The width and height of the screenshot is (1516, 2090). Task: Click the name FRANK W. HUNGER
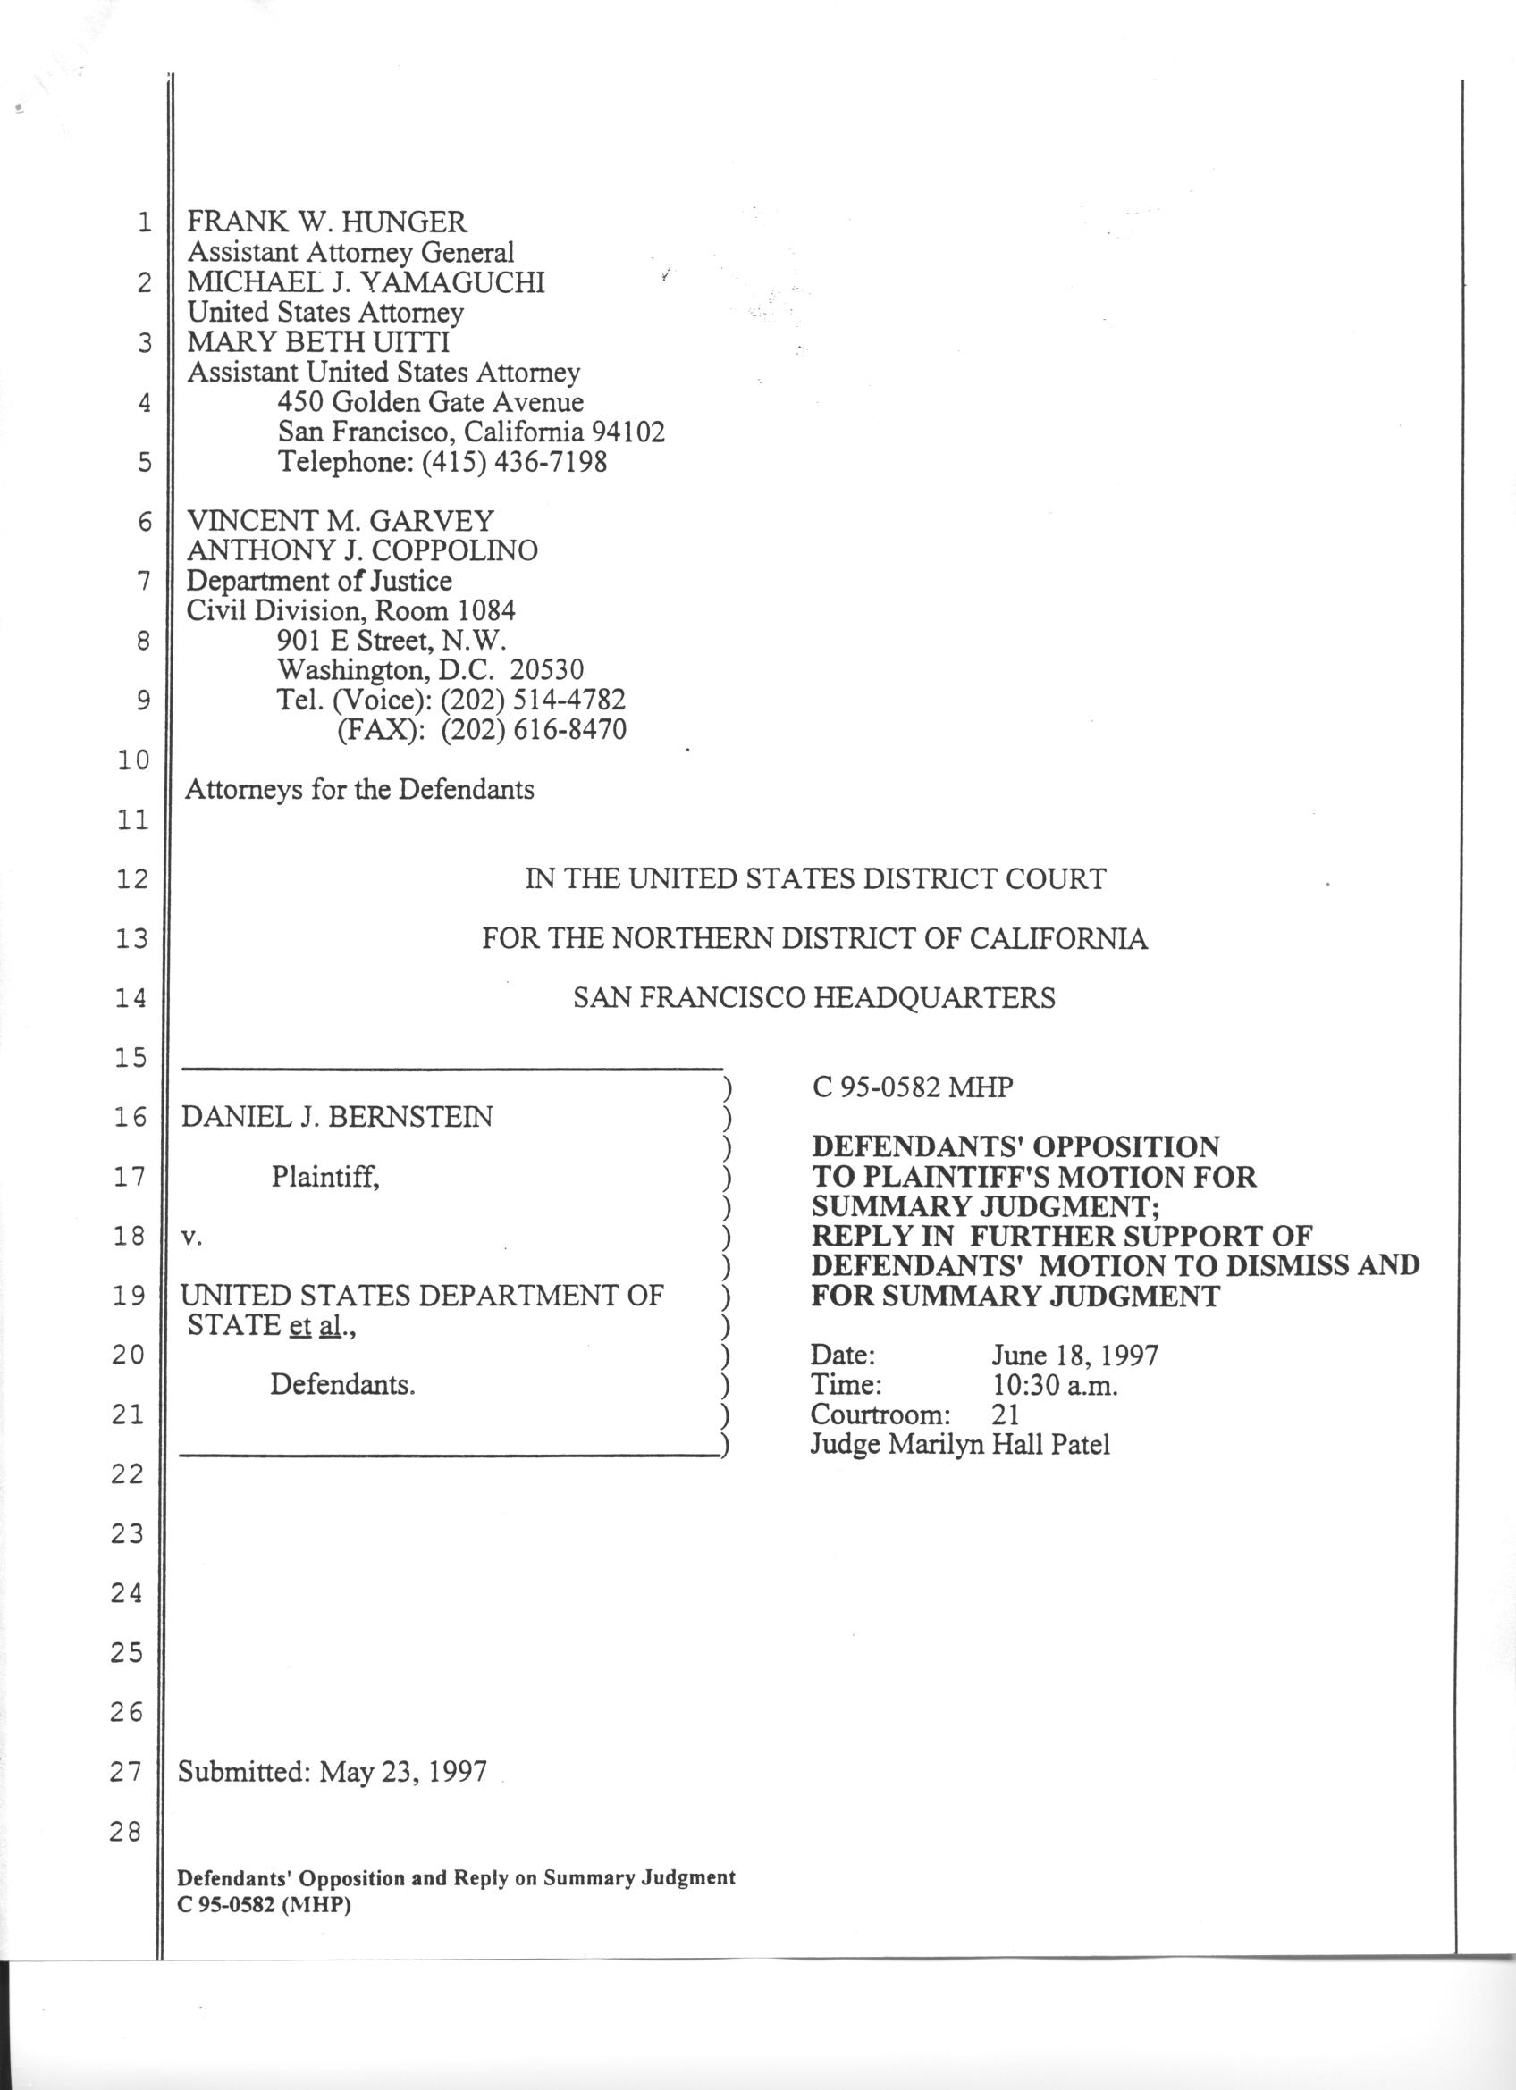pyautogui.click(x=327, y=222)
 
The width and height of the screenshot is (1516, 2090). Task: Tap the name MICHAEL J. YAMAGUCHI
pyautogui.click(x=366, y=282)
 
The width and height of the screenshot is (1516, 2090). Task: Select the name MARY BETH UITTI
pyautogui.click(x=318, y=342)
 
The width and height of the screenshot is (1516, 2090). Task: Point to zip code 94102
pyautogui.click(x=627, y=432)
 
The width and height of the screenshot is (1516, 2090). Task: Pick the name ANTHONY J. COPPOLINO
pyautogui.click(x=362, y=550)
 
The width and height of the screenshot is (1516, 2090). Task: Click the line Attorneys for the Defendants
pyautogui.click(x=359, y=789)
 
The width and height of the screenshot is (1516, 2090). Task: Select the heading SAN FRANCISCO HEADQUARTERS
pyautogui.click(x=813, y=997)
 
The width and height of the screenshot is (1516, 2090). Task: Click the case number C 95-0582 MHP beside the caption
pyautogui.click(x=913, y=1087)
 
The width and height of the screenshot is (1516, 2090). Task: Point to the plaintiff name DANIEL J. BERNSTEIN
pyautogui.click(x=336, y=1117)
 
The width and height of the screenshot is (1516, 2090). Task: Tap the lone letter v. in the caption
pyautogui.click(x=190, y=1237)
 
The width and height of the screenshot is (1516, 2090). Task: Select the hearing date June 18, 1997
pyautogui.click(x=1074, y=1355)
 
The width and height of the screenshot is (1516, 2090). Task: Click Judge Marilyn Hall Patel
pyautogui.click(x=959, y=1443)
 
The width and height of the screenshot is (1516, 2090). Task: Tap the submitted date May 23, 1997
pyautogui.click(x=403, y=1770)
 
